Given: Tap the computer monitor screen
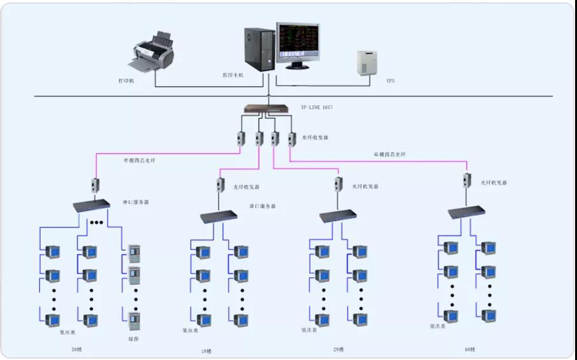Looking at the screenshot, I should click(x=298, y=43).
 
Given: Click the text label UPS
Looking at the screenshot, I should click(x=390, y=81).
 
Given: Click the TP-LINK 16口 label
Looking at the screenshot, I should click(x=316, y=107).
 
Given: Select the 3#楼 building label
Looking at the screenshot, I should click(x=77, y=349).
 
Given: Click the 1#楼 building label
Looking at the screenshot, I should click(x=208, y=350).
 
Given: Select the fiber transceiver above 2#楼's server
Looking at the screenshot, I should click(x=339, y=185).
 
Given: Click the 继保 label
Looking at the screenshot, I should click(x=133, y=338).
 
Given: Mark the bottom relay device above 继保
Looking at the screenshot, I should click(x=134, y=321).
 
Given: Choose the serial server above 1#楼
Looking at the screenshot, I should click(x=219, y=218).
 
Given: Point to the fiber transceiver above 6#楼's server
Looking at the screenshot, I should click(x=467, y=180).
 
